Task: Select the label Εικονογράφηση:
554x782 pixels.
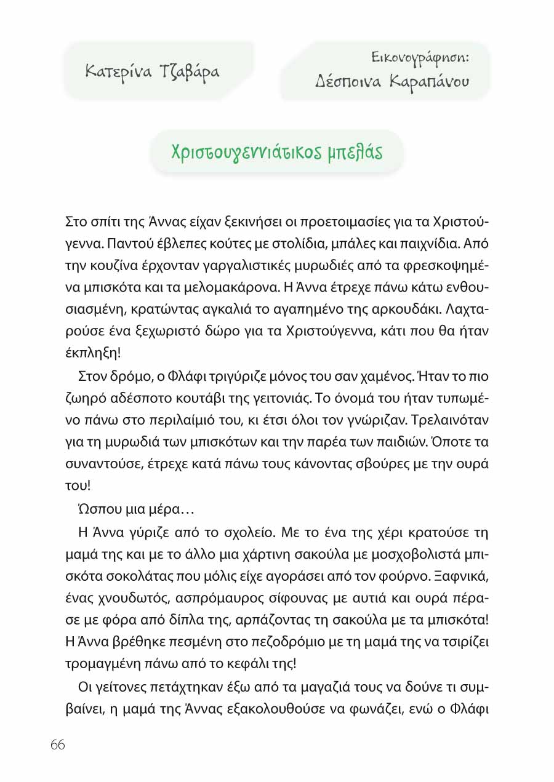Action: (x=420, y=58)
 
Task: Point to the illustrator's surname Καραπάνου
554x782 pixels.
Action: (x=429, y=81)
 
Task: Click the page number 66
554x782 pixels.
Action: (x=58, y=744)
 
